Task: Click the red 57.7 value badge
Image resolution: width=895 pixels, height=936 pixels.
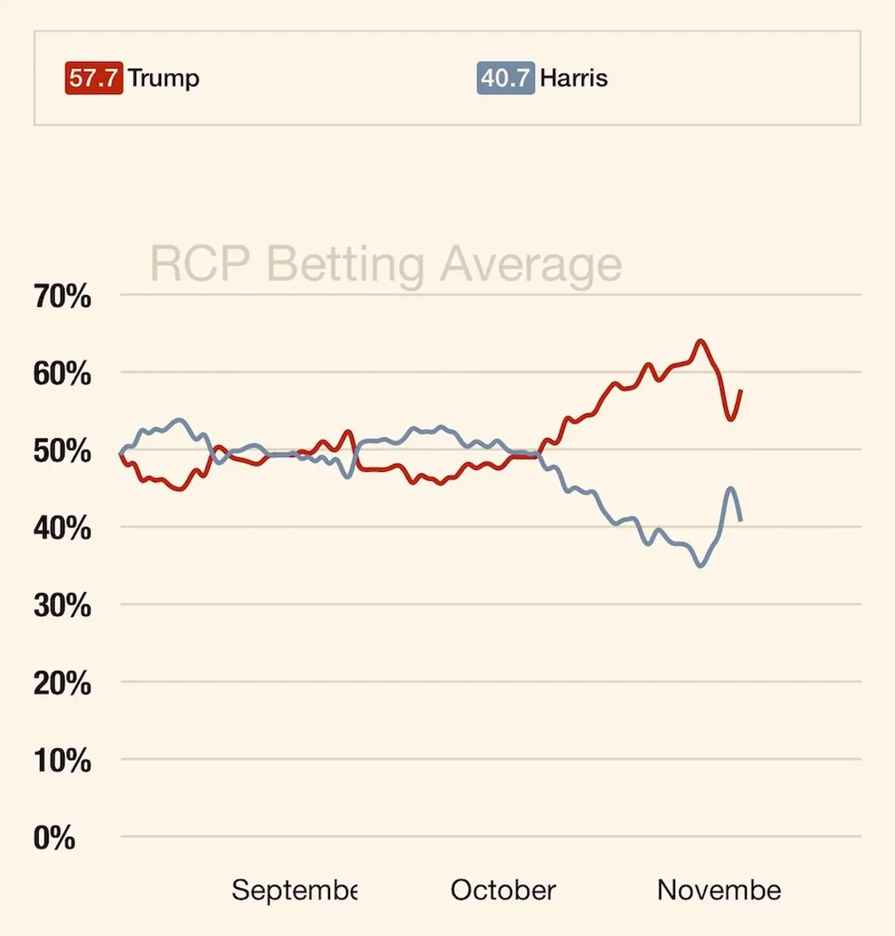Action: (93, 79)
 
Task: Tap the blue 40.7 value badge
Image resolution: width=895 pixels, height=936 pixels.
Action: (505, 79)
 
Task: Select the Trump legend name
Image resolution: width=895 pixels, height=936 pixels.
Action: (164, 78)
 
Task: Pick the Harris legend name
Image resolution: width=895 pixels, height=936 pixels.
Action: (573, 78)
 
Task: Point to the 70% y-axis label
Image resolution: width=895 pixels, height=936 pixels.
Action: (62, 297)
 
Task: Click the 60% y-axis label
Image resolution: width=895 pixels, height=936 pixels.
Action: (62, 374)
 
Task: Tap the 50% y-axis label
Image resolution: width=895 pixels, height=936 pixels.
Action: (62, 451)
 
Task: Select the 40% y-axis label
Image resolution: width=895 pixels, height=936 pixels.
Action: (62, 528)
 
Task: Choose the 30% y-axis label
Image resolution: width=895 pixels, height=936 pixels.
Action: (62, 606)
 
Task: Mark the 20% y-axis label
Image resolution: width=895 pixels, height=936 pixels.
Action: (62, 684)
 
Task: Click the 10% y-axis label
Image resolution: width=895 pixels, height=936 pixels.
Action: (62, 761)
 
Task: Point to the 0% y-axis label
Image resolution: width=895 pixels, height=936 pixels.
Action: (54, 838)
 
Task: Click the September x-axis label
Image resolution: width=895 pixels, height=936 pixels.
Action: (294, 890)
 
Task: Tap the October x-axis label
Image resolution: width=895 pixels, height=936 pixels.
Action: (503, 890)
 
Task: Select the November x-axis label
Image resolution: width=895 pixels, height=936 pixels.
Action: (719, 890)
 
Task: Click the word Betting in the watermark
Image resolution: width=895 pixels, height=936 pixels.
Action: (345, 265)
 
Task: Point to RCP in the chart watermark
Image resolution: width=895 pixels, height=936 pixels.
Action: (199, 263)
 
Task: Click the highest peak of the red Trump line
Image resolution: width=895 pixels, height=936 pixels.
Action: (701, 341)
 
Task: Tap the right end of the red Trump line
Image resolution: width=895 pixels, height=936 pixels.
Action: (741, 390)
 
